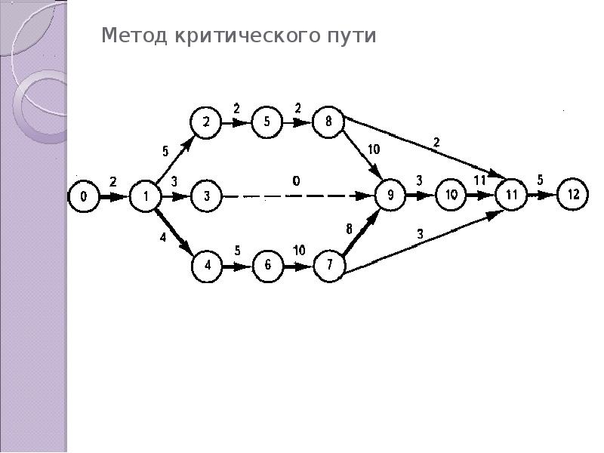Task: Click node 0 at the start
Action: pyautogui.click(x=84, y=198)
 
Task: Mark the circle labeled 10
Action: pyautogui.click(x=451, y=195)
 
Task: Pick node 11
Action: pyautogui.click(x=512, y=195)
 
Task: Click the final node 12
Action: pyautogui.click(x=573, y=195)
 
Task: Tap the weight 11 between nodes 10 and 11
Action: pyautogui.click(x=480, y=180)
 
